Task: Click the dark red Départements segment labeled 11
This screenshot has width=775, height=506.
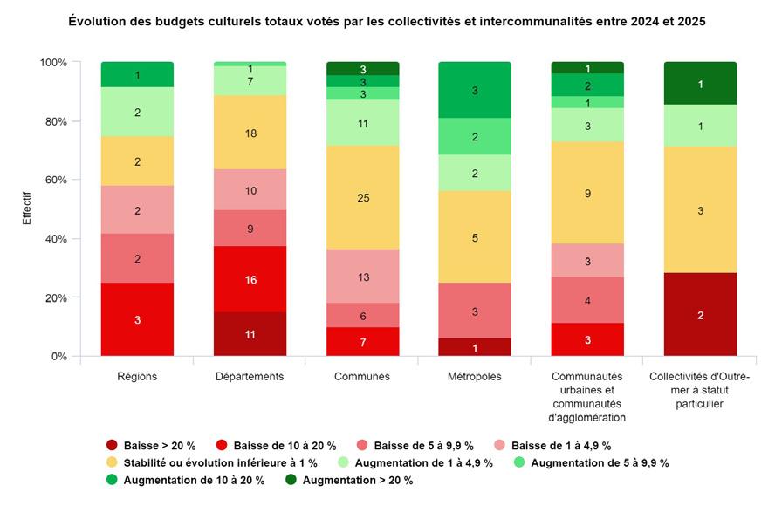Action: (x=250, y=334)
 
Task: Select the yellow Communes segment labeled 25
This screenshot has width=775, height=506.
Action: (x=362, y=198)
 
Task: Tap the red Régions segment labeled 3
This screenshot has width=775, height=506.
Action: (x=137, y=320)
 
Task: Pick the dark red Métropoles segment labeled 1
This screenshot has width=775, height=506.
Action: (x=475, y=347)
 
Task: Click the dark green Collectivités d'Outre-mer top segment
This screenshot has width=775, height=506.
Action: (x=700, y=84)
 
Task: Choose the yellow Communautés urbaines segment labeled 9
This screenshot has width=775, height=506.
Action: (x=587, y=193)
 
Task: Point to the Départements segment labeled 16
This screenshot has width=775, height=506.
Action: (x=250, y=280)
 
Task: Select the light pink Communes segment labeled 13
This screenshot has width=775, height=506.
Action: (x=362, y=277)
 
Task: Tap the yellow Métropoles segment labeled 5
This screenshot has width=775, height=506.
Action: (x=475, y=236)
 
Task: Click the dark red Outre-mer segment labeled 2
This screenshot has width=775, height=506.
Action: (x=700, y=315)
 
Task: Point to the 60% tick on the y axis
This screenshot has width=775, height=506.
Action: (x=55, y=181)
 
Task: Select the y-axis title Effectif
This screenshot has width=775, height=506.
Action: (x=27, y=210)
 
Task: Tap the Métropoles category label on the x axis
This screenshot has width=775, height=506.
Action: (x=475, y=377)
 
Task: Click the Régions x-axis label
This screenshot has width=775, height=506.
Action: (x=137, y=377)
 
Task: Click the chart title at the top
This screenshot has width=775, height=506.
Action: (x=387, y=21)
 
